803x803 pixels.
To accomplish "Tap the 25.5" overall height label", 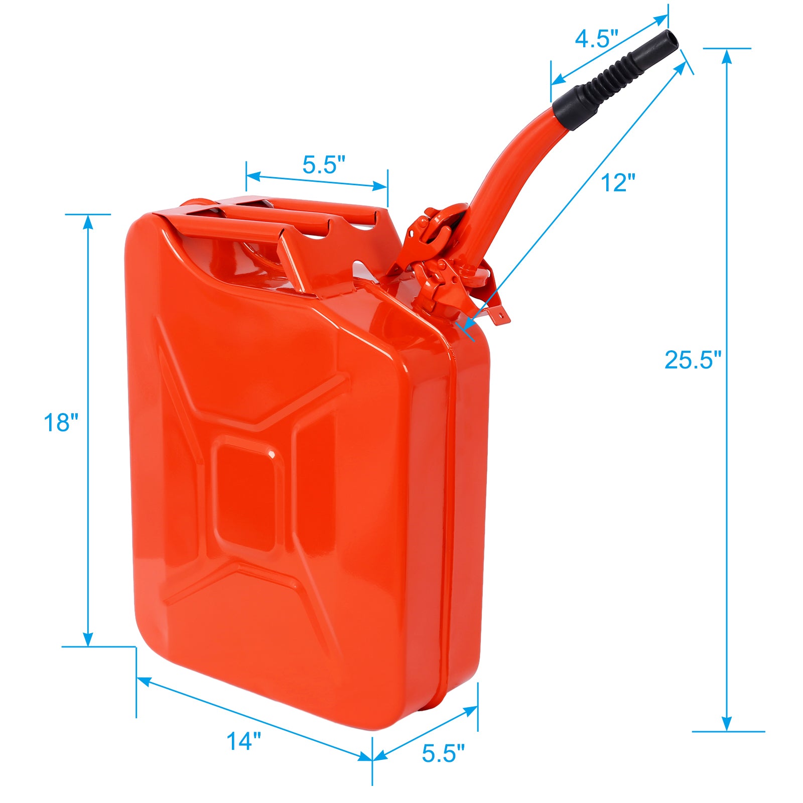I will tap(692, 359).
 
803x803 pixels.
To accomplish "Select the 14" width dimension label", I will tap(243, 741).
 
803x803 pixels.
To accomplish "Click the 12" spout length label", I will tap(618, 182).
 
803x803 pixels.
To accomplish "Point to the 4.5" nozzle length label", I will tap(596, 38).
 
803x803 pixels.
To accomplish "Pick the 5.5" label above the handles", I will tap(324, 165).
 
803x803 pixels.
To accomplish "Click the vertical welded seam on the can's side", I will tap(448, 502).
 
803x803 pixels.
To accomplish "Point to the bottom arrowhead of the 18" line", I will tap(88, 639).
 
